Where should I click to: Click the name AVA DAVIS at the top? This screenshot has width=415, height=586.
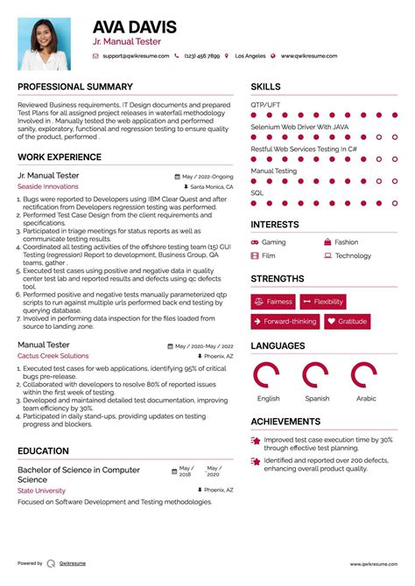134,27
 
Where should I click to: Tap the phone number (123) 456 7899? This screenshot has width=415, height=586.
201,56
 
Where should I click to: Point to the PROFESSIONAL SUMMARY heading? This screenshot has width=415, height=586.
75,87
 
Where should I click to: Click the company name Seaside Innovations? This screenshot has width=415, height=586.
47,186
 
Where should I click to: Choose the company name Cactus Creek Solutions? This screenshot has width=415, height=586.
53,356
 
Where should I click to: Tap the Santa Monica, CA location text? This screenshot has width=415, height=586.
211,187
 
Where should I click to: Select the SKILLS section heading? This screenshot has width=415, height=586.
266,87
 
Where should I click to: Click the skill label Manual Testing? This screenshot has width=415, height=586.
273,171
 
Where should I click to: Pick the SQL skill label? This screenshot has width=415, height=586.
257,192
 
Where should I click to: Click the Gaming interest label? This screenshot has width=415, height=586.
273,242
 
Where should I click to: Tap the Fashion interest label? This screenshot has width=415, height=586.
346,242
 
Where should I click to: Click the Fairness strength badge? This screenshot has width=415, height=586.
273,302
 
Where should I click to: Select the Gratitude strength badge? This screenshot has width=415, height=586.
347,322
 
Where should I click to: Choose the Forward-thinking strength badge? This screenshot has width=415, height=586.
285,322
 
